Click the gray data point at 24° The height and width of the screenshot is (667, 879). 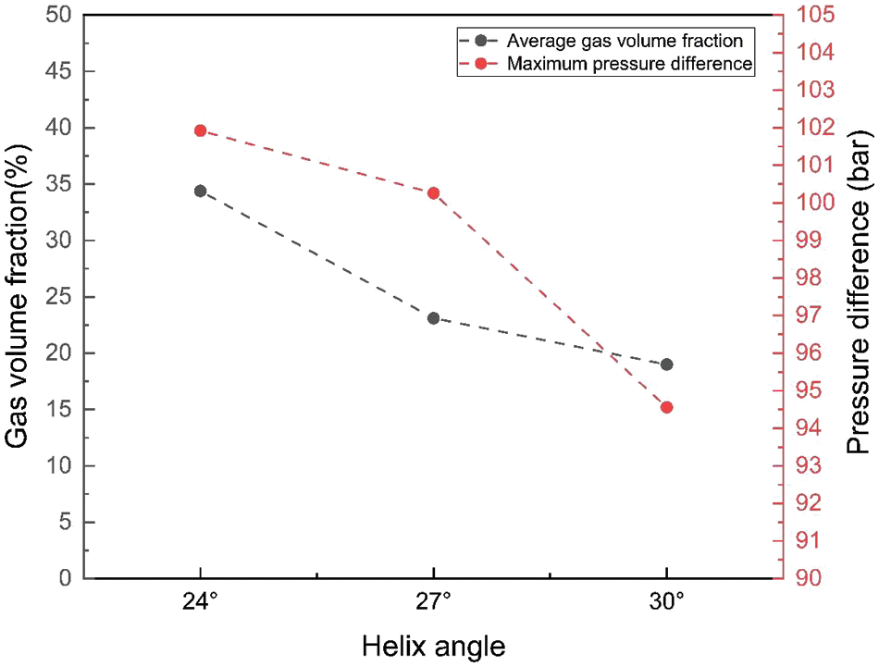click(200, 191)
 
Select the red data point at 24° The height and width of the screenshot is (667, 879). click(200, 130)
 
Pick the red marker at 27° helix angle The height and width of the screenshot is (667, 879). click(433, 193)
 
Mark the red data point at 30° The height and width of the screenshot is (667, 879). click(666, 407)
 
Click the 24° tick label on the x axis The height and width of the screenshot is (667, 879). click(200, 602)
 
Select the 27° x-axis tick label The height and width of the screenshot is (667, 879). click(433, 602)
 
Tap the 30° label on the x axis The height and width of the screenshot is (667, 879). click(666, 602)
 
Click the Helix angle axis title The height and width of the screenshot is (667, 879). click(433, 646)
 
